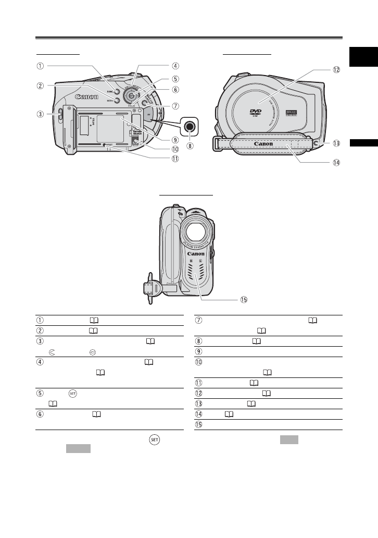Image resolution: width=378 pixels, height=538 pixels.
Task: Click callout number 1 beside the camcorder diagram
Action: [40, 66]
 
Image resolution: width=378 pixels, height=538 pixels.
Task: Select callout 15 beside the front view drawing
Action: [243, 300]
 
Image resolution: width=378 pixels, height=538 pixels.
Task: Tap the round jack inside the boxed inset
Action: [188, 125]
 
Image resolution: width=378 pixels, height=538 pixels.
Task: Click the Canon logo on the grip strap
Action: [263, 143]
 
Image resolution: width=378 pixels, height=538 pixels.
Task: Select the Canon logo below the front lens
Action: [196, 254]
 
